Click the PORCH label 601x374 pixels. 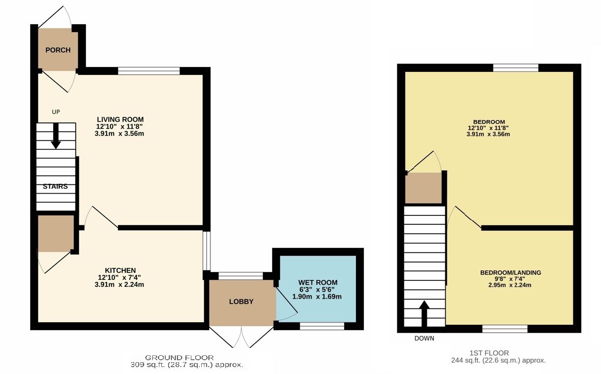click(58, 50)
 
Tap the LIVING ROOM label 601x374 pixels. click(120, 119)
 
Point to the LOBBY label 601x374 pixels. click(241, 302)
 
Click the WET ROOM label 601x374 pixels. click(318, 282)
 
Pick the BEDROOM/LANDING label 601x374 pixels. click(511, 272)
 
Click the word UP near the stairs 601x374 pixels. click(56, 112)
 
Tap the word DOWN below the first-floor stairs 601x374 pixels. click(424, 339)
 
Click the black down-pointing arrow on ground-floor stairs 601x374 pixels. click(56, 136)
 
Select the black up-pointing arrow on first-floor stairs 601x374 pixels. click(424, 314)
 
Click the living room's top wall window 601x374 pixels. click(149, 71)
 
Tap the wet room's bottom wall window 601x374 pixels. click(322, 326)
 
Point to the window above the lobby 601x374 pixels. click(241, 276)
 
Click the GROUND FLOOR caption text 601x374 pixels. click(179, 358)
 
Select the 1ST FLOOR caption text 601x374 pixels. click(489, 353)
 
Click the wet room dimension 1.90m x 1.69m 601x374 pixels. click(317, 297)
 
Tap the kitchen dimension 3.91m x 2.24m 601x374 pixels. click(119, 284)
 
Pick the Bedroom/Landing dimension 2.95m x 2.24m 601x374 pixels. click(510, 285)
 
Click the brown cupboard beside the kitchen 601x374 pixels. click(56, 234)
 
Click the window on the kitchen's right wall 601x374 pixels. click(207, 251)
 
